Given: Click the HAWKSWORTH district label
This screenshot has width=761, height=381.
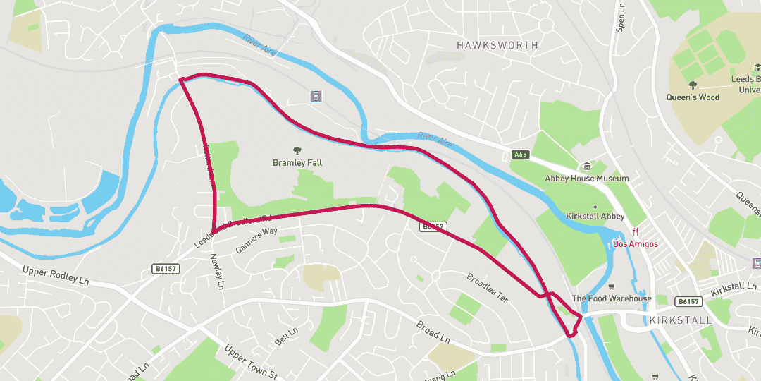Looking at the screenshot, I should [497, 45].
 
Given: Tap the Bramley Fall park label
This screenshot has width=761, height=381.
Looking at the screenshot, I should [297, 163].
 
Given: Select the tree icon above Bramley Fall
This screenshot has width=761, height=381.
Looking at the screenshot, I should [297, 150].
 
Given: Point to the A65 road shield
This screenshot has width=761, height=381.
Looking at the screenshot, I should [520, 155].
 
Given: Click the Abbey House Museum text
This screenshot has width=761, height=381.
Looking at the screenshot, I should [586, 179].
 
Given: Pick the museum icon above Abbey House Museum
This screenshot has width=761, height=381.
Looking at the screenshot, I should [586, 166].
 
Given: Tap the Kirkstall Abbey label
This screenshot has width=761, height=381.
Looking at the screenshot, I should [595, 217].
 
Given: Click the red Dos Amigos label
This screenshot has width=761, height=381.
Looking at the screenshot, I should [635, 244].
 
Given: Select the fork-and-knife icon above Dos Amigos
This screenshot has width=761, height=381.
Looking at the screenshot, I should [636, 231].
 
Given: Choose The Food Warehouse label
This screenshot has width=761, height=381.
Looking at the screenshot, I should [611, 298].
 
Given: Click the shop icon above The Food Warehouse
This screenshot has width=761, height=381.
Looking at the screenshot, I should [612, 286].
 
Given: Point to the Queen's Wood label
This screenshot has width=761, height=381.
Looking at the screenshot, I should [693, 97].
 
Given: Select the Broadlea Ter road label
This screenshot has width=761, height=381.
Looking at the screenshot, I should [487, 287].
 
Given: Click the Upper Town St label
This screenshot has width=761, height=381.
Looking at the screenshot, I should [251, 361].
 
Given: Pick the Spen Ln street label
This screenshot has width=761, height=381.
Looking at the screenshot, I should [621, 16].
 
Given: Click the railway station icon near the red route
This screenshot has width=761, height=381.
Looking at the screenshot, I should [316, 96].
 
